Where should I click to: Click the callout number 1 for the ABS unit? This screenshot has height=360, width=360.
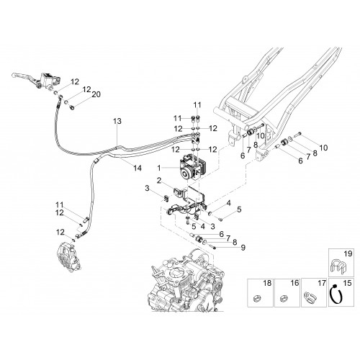pyautogui.click(x=159, y=168)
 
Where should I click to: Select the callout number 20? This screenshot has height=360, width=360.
pyautogui.click(x=96, y=94)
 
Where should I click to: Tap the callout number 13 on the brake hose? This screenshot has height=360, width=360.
pyautogui.click(x=117, y=121)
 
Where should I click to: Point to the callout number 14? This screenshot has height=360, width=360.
pyautogui.click(x=138, y=168)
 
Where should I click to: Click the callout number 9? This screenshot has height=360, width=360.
pyautogui.click(x=243, y=248)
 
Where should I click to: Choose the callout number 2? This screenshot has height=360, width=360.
pyautogui.click(x=158, y=180)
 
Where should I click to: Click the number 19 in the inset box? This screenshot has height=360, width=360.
pyautogui.click(x=348, y=253)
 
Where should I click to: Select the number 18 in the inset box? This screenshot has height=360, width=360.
pyautogui.click(x=267, y=283)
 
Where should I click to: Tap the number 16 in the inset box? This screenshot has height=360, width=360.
pyautogui.click(x=294, y=283)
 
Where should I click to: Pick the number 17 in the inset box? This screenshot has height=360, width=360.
pyautogui.click(x=322, y=283)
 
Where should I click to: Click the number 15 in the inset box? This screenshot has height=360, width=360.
pyautogui.click(x=348, y=283)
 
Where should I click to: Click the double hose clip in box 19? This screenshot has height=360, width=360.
pyautogui.click(x=338, y=267)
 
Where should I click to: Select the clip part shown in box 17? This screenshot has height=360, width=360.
pyautogui.click(x=310, y=296)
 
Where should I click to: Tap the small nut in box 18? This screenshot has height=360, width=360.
pyautogui.click(x=257, y=298)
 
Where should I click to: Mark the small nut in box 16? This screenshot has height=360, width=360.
pyautogui.click(x=284, y=298)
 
